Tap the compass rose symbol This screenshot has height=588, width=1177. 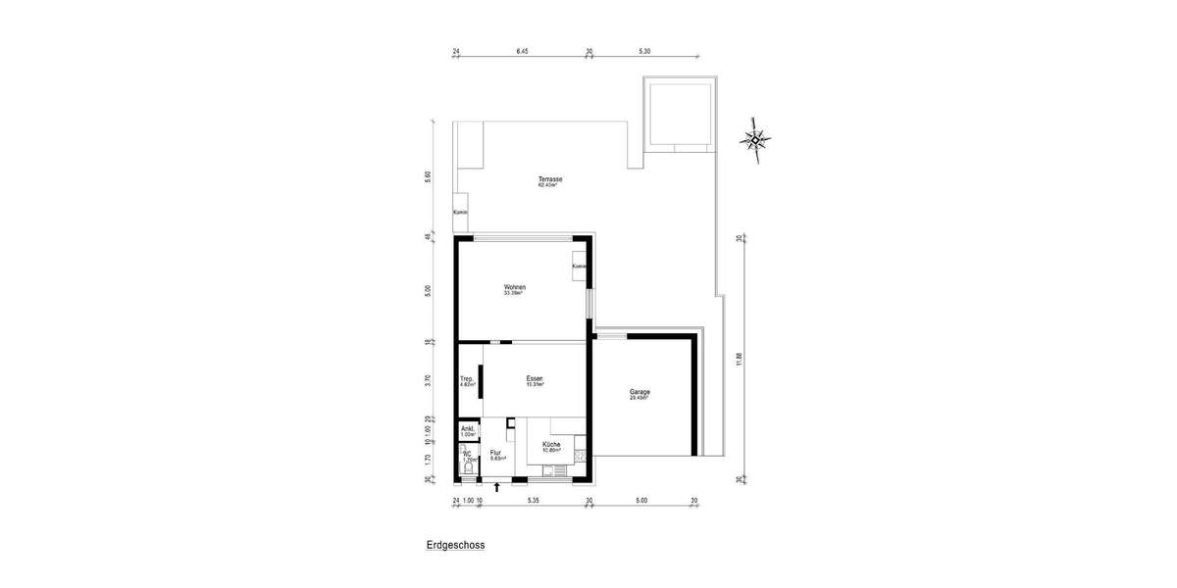[755, 137]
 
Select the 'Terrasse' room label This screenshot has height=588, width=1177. [549, 179]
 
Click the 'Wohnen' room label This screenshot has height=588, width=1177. [515, 286]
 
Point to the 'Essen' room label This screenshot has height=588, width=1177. [535, 378]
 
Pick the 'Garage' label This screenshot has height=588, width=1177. [640, 392]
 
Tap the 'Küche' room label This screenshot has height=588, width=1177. [551, 444]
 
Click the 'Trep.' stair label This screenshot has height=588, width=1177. [467, 379]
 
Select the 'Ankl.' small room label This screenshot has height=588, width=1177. [468, 428]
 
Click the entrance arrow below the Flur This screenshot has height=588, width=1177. [497, 486]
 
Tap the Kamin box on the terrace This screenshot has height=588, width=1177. [460, 213]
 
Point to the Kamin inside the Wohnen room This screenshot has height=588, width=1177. [579, 267]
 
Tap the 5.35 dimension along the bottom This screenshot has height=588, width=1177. [534, 501]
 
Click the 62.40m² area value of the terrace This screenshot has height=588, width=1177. [547, 186]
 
